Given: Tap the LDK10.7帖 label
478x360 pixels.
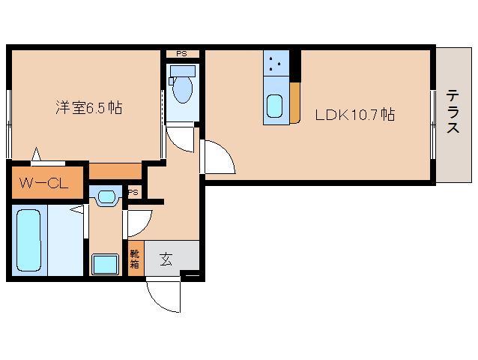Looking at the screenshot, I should pos(354,115).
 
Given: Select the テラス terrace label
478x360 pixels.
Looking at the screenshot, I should pos(453,112).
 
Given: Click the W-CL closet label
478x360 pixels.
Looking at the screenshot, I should pos(43,182).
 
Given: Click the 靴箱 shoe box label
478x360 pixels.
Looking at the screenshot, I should pos(135,259).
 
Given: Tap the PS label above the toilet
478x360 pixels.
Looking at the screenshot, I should pos(181,54).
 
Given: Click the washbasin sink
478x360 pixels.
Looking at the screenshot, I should pos(106,197).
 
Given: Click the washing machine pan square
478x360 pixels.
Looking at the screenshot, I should pos(105,265).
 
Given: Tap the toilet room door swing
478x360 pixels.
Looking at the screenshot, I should pos(180,139).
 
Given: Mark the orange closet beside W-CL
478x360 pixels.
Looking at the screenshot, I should pos(115,171).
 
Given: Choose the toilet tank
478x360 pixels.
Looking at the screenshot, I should pos(181,71).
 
